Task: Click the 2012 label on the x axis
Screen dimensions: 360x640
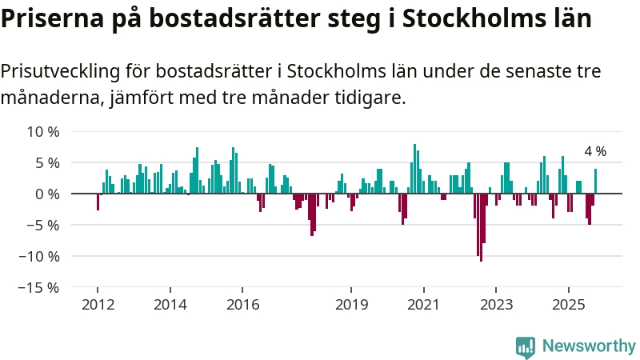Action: (x=98, y=305)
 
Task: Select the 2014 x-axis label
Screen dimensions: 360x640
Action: (x=170, y=305)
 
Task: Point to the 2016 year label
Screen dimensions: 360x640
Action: (x=242, y=305)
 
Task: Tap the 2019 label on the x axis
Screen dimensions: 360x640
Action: (x=351, y=305)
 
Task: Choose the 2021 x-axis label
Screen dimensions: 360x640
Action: (x=423, y=305)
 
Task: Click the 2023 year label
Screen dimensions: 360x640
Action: (x=496, y=305)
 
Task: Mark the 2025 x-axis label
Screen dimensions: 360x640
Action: (x=568, y=305)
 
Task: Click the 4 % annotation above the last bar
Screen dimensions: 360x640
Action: (x=595, y=151)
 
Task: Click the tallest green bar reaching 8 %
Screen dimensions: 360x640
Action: (x=414, y=169)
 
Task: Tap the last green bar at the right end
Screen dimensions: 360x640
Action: (x=595, y=181)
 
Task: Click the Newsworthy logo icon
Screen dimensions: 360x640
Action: (x=526, y=346)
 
